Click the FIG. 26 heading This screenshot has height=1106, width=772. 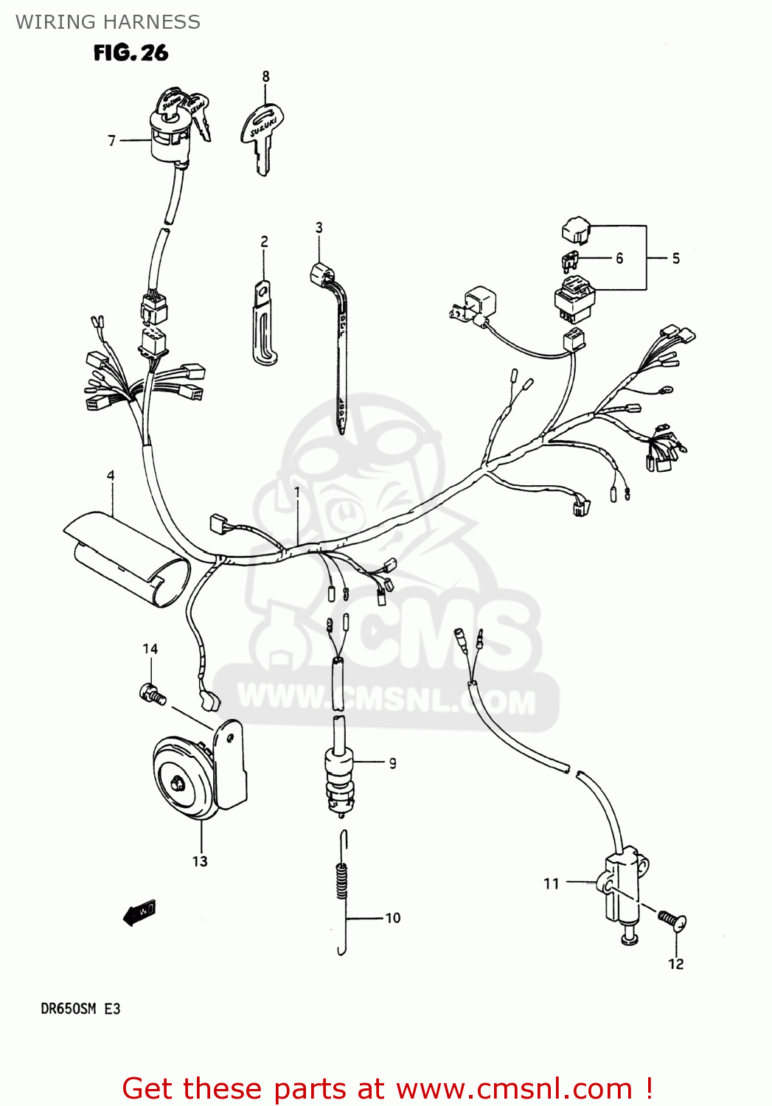coord(131,53)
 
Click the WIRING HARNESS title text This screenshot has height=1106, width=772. coord(108,22)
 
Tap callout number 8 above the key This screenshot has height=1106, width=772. coord(265,77)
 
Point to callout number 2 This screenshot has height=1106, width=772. coord(264,242)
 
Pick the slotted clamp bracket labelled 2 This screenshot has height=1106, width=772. coord(262,324)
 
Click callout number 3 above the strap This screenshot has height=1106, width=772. coord(319,228)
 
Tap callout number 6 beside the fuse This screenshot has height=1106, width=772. coord(619,258)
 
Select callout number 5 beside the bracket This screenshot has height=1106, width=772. coord(675,258)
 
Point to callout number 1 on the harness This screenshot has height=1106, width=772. coord(297,491)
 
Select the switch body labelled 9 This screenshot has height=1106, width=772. coord(339,778)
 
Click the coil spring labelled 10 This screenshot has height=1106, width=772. coord(341,881)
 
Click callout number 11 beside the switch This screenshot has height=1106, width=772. coord(552,883)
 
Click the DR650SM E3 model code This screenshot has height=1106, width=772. coord(80,1009)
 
